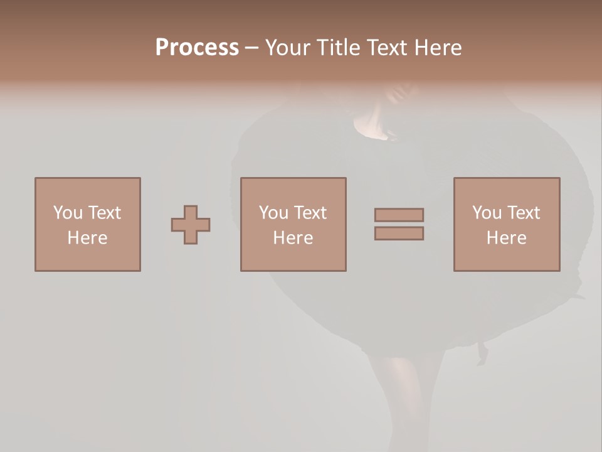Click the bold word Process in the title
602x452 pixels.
pyautogui.click(x=197, y=48)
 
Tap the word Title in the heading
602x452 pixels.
pyautogui.click(x=338, y=48)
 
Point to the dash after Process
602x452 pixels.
pyautogui.click(x=251, y=48)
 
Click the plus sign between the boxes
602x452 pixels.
pyautogui.click(x=191, y=225)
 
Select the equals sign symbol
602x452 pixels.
pyautogui.click(x=399, y=224)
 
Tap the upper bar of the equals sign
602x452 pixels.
pyautogui.click(x=399, y=215)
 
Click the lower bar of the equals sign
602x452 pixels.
pyautogui.click(x=399, y=233)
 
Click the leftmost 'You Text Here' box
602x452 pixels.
pyautogui.click(x=88, y=224)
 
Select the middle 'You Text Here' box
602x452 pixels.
pyautogui.click(x=293, y=224)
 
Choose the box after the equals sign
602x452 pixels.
pyautogui.click(x=507, y=224)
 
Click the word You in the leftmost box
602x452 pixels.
pyautogui.click(x=68, y=213)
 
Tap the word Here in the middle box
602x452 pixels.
pyautogui.click(x=293, y=238)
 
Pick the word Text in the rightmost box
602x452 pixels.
pyautogui.click(x=523, y=213)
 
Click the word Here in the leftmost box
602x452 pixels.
pyautogui.click(x=88, y=238)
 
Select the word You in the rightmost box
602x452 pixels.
pyautogui.click(x=487, y=213)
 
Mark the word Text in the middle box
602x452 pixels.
pyautogui.click(x=310, y=213)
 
